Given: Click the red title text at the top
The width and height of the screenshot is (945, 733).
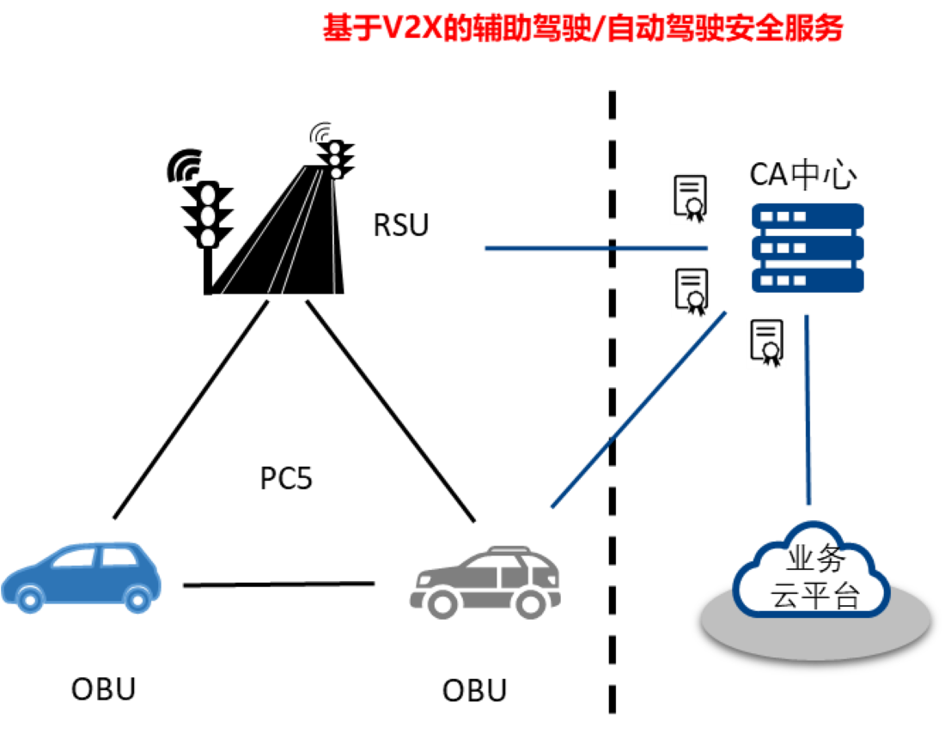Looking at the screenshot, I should pos(582,28).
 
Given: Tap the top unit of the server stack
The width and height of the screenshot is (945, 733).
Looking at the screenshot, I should pos(808,215).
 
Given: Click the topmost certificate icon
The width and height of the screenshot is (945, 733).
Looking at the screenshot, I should pos(690,199).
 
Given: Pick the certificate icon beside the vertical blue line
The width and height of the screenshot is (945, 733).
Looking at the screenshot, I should pos(766,343).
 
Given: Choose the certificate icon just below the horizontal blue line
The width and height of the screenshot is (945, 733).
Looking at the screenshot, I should pos(691,292).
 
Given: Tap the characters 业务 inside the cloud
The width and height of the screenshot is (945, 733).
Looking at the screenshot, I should pos(816,560).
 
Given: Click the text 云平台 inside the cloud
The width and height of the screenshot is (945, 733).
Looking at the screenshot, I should pos(814,595).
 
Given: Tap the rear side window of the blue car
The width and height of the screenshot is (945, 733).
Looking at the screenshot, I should pos(119,557).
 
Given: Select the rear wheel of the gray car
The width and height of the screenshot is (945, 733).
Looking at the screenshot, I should pos(529,603).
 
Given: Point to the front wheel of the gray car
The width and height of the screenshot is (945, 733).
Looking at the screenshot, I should pos(442,603).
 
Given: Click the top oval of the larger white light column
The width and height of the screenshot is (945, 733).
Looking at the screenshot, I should pos(208,196).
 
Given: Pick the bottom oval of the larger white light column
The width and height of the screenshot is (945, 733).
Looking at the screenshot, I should pos(208,238).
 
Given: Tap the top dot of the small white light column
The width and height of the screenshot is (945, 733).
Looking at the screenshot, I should pos(334,148).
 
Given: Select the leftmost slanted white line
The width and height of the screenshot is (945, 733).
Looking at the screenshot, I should pos(261,233).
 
